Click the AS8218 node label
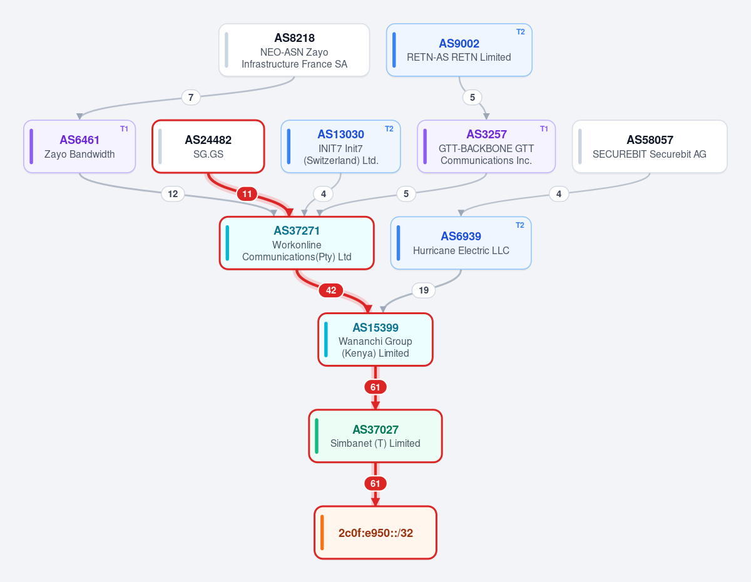(295, 38)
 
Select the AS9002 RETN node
(459, 50)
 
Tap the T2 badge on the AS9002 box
(521, 32)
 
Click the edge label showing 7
(191, 98)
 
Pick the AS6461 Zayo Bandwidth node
(79, 146)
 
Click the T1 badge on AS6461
(124, 129)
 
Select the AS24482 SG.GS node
(208, 146)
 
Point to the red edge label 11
(247, 194)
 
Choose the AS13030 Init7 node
(341, 146)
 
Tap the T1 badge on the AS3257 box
(544, 129)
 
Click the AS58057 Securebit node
(650, 146)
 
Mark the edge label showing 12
(173, 194)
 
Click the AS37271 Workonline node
(297, 243)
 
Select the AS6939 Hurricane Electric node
(461, 243)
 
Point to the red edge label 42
(331, 290)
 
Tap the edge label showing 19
(424, 290)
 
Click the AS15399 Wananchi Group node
(375, 339)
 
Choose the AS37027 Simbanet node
(375, 436)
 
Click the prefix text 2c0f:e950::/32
(375, 533)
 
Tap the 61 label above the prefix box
(375, 484)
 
